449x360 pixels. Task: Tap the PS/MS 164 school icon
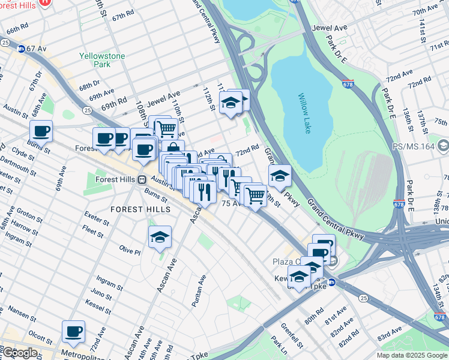(444, 145)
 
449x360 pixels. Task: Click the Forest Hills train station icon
(142, 179)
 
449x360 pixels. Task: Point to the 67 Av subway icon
(22, 49)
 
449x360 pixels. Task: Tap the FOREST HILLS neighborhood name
(140, 209)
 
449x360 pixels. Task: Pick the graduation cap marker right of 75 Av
(279, 175)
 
